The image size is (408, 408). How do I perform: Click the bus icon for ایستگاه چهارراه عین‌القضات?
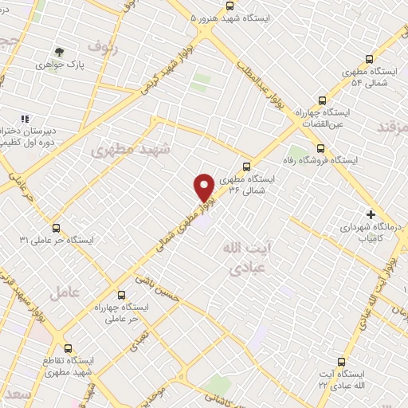322,100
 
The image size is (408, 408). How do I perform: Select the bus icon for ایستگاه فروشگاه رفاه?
320,148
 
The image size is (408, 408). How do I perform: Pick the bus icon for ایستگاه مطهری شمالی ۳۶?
247,167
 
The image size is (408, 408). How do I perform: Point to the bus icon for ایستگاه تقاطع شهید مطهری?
67,348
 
